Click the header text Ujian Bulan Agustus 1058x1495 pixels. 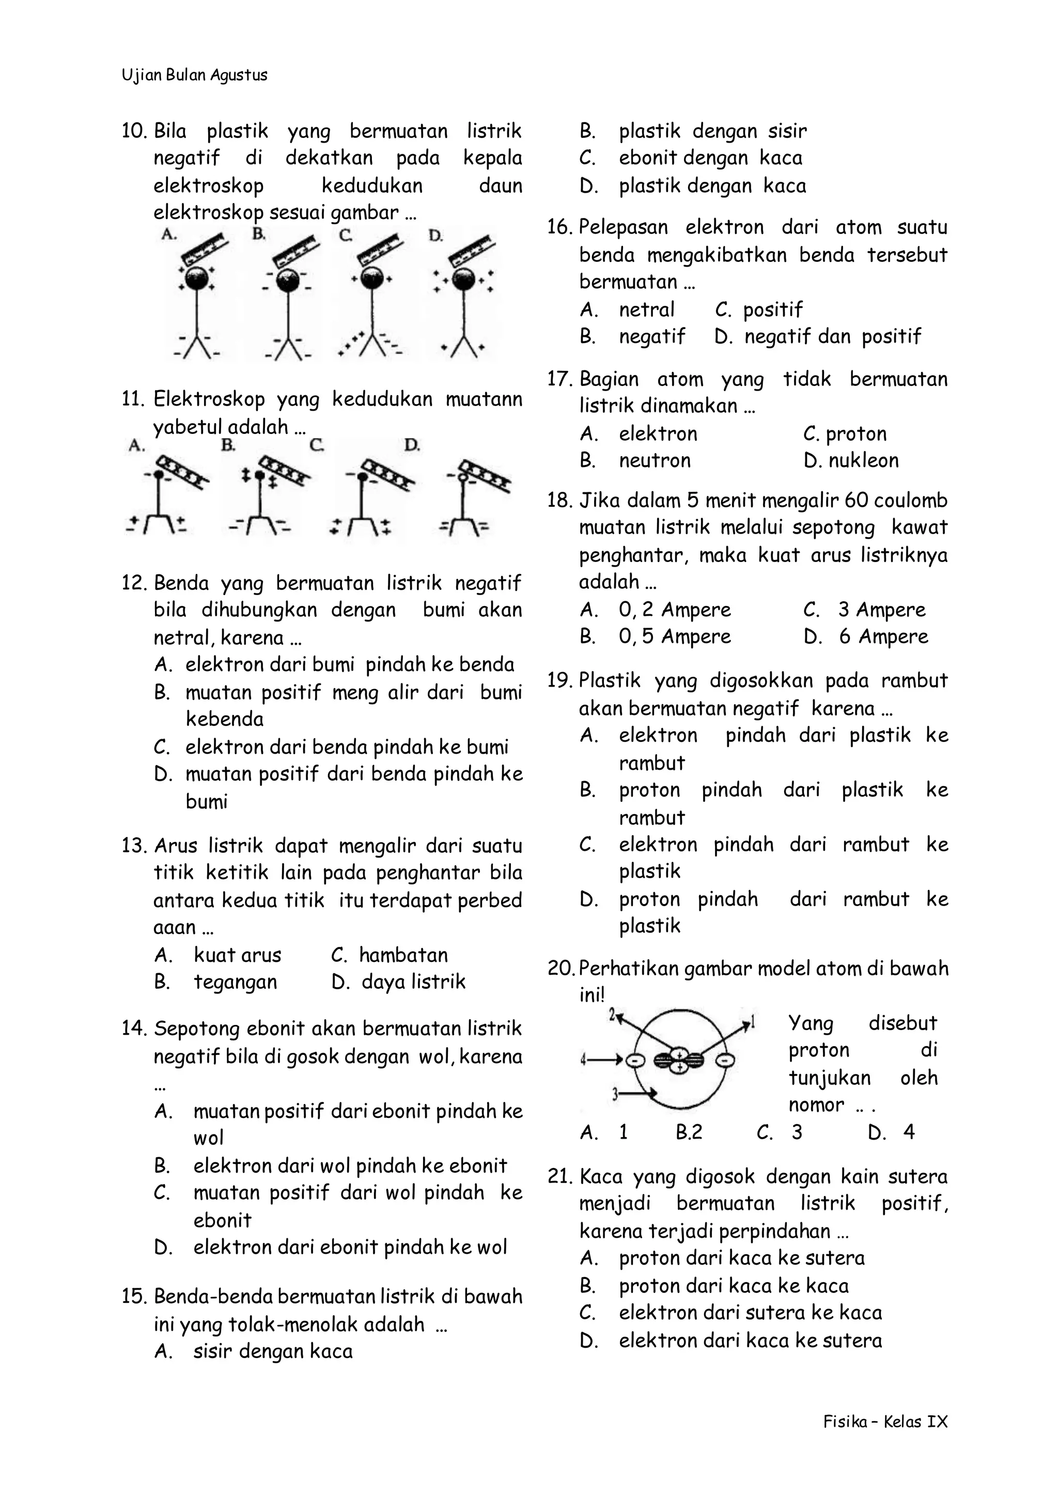pos(194,75)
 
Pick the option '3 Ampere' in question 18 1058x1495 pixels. pos(881,610)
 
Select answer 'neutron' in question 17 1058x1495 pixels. pos(655,461)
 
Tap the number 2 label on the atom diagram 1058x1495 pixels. pos(612,1014)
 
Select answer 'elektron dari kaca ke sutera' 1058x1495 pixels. pos(751,1341)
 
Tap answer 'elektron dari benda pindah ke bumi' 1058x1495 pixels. pos(347,746)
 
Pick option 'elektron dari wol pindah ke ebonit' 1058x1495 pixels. pos(350,1165)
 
